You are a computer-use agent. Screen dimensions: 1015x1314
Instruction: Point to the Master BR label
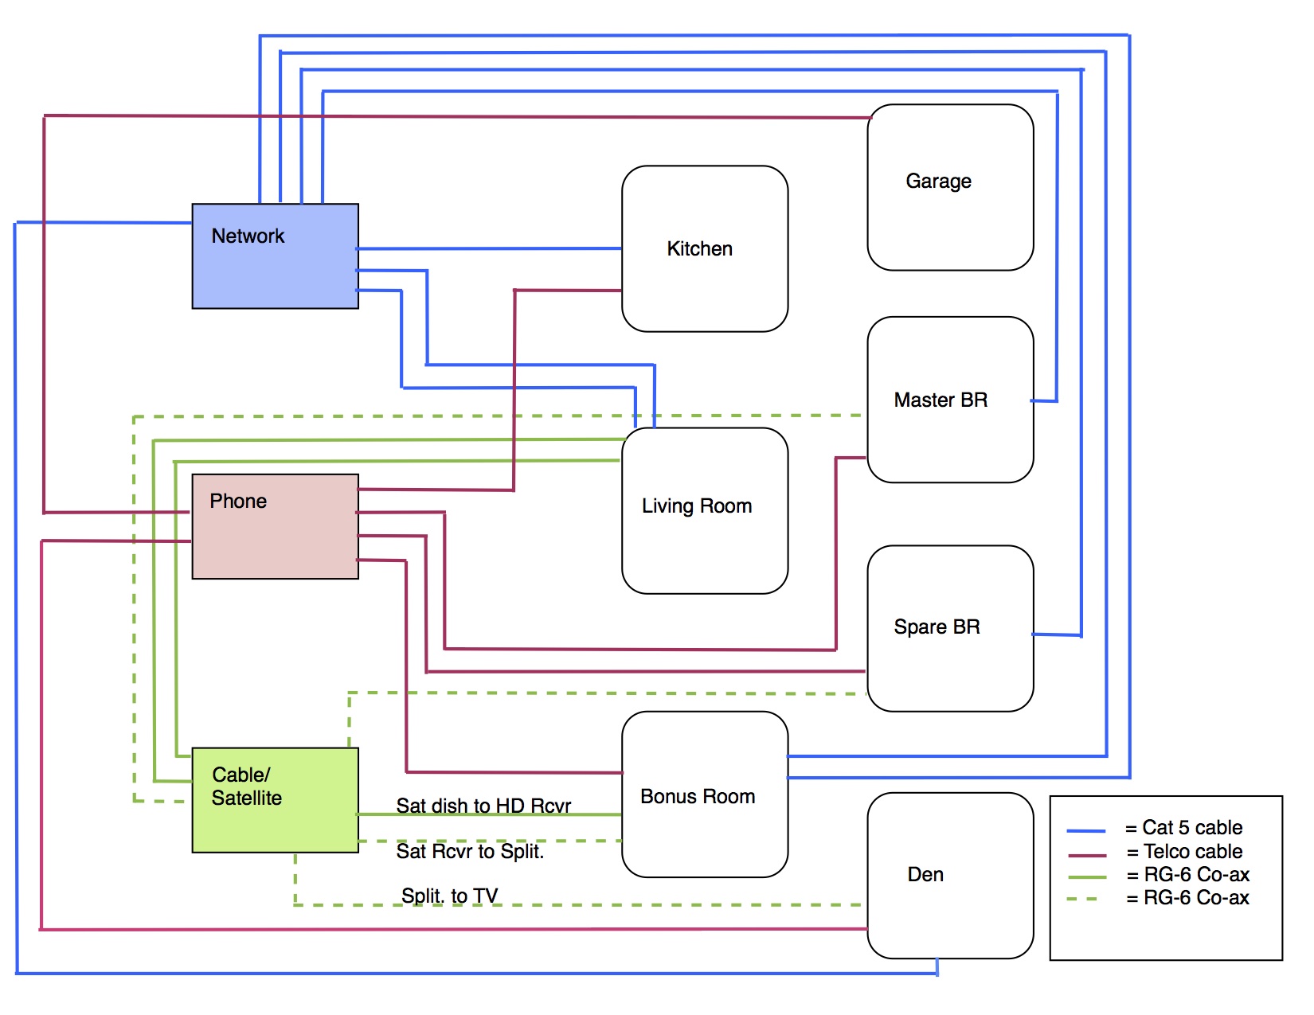[x=941, y=400]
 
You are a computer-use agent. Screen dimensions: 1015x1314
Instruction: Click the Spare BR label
[x=937, y=627]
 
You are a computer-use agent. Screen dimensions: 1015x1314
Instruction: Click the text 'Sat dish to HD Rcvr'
[x=483, y=806]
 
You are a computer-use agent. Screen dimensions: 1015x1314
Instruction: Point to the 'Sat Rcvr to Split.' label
[x=470, y=851]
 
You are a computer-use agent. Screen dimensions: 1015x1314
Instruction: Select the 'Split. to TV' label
[x=449, y=896]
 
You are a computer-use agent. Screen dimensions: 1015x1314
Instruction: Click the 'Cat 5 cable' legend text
[x=1192, y=827]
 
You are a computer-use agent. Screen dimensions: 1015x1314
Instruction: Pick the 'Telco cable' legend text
[x=1193, y=851]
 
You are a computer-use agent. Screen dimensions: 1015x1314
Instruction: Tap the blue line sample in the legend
[x=1086, y=831]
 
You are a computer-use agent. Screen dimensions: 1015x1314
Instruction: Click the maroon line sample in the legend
[x=1086, y=855]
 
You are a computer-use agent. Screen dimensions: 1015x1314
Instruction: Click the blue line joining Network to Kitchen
[x=490, y=248]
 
